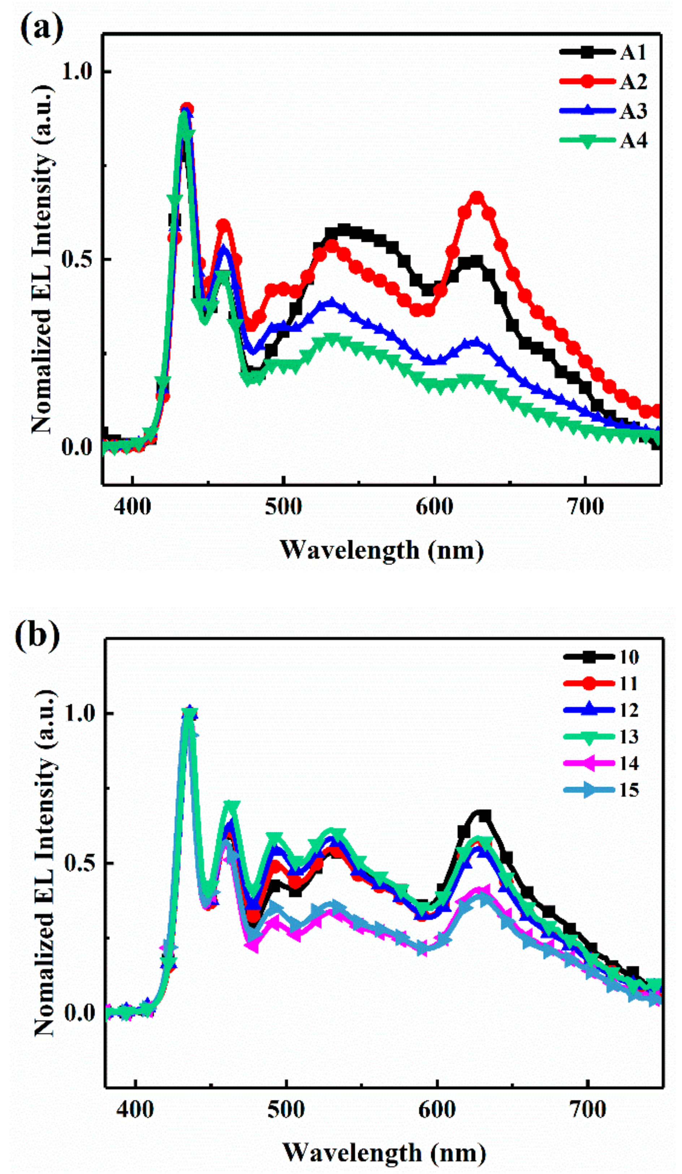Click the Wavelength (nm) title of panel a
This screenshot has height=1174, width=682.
(x=382, y=550)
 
